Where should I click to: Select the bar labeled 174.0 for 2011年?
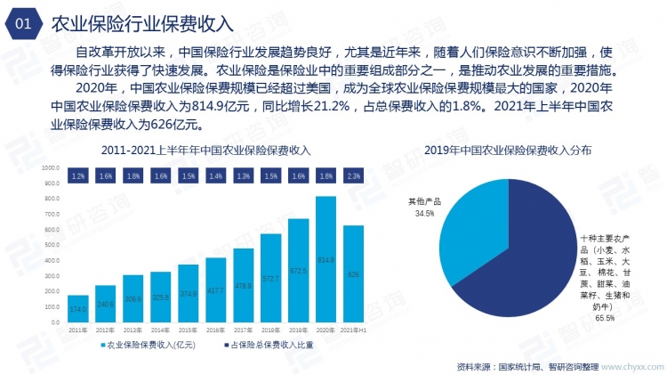click(78, 308)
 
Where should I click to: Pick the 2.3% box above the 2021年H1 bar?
click(353, 177)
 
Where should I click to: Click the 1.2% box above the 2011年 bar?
click(78, 177)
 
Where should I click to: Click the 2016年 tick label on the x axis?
click(216, 330)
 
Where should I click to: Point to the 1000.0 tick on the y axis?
click(51, 167)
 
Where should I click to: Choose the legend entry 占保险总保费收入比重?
click(268, 344)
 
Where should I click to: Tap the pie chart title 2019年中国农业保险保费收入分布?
click(507, 149)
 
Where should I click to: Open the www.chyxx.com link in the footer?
click(632, 365)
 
